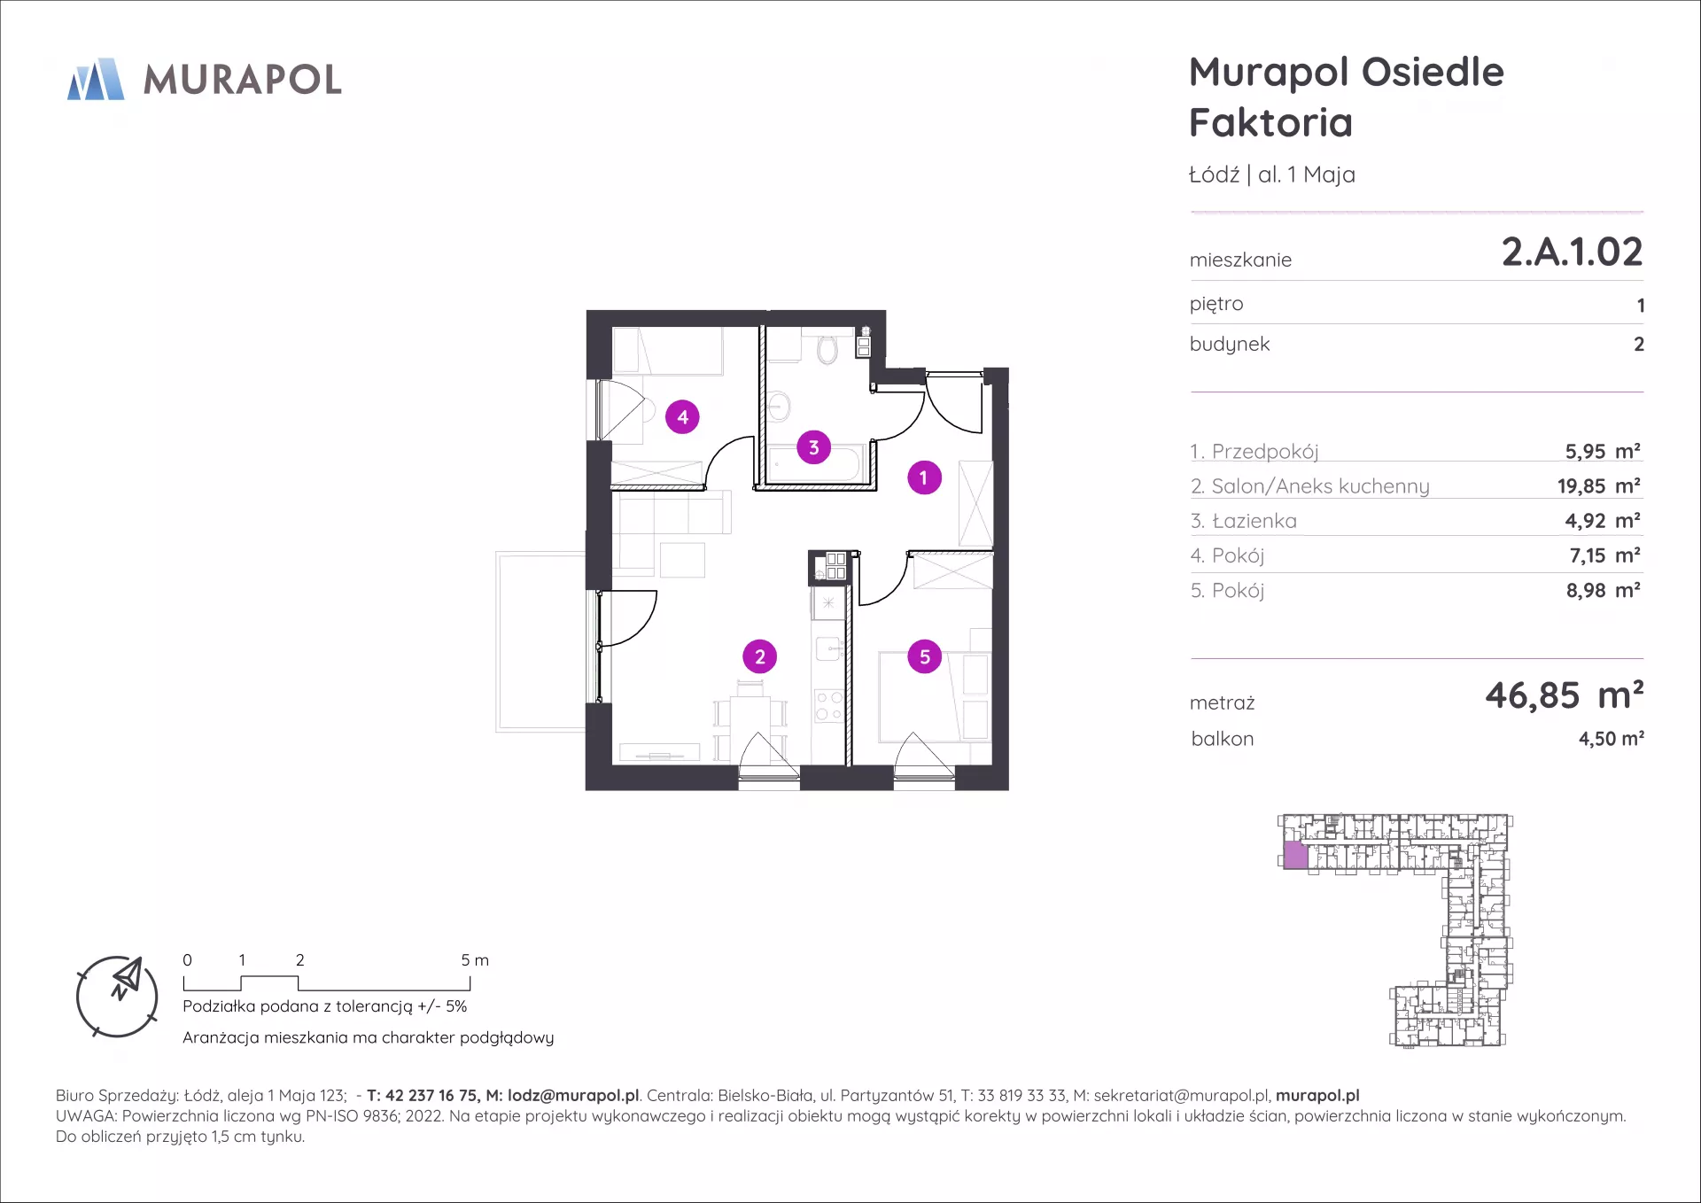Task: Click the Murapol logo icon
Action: tap(96, 79)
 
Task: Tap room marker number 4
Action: tap(682, 416)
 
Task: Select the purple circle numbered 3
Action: tap(813, 447)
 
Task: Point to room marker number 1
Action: tap(924, 477)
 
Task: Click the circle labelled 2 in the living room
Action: tap(759, 656)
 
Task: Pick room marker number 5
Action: tap(925, 656)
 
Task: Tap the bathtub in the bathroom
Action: tap(814, 465)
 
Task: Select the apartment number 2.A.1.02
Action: tap(1572, 252)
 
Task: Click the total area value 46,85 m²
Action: tap(1565, 695)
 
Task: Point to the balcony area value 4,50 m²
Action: tap(1612, 738)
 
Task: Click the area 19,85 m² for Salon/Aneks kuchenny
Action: tap(1599, 485)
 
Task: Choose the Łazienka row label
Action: tap(1244, 521)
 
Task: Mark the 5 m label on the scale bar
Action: tap(475, 960)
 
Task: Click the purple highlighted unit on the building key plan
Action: tap(1295, 855)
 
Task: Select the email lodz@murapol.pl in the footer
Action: tap(573, 1096)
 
